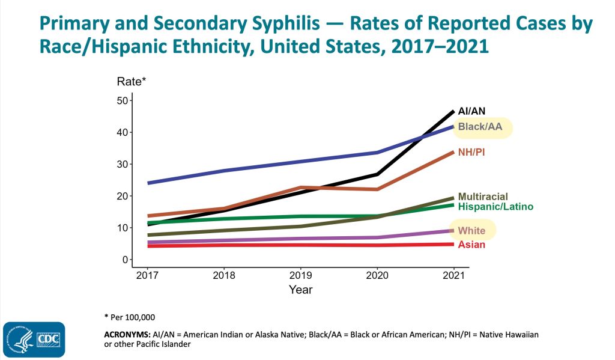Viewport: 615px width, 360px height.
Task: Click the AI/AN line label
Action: coord(471,111)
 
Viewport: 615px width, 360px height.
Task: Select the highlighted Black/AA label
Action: coord(480,127)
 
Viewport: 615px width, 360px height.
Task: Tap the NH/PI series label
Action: coord(471,153)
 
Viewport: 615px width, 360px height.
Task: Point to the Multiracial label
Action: coord(483,197)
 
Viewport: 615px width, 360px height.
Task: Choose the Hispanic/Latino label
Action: coord(495,207)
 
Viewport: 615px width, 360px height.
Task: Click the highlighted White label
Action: coord(471,231)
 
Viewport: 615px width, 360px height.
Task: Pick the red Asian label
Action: coord(471,245)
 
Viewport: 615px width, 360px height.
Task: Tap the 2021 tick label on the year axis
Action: coord(453,276)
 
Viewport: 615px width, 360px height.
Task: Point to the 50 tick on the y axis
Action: coord(123,100)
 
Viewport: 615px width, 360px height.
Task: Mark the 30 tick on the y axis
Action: coord(123,164)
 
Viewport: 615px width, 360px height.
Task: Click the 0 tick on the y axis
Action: coord(125,260)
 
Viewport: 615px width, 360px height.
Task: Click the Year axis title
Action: coord(300,290)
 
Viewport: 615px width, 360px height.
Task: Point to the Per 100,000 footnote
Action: coord(133,316)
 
